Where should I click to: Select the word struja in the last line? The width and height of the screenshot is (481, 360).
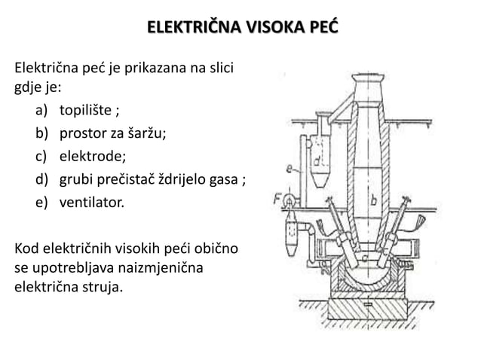pyautogui.click(x=100, y=286)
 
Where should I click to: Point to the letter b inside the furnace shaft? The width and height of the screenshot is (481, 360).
pyautogui.click(x=374, y=200)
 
